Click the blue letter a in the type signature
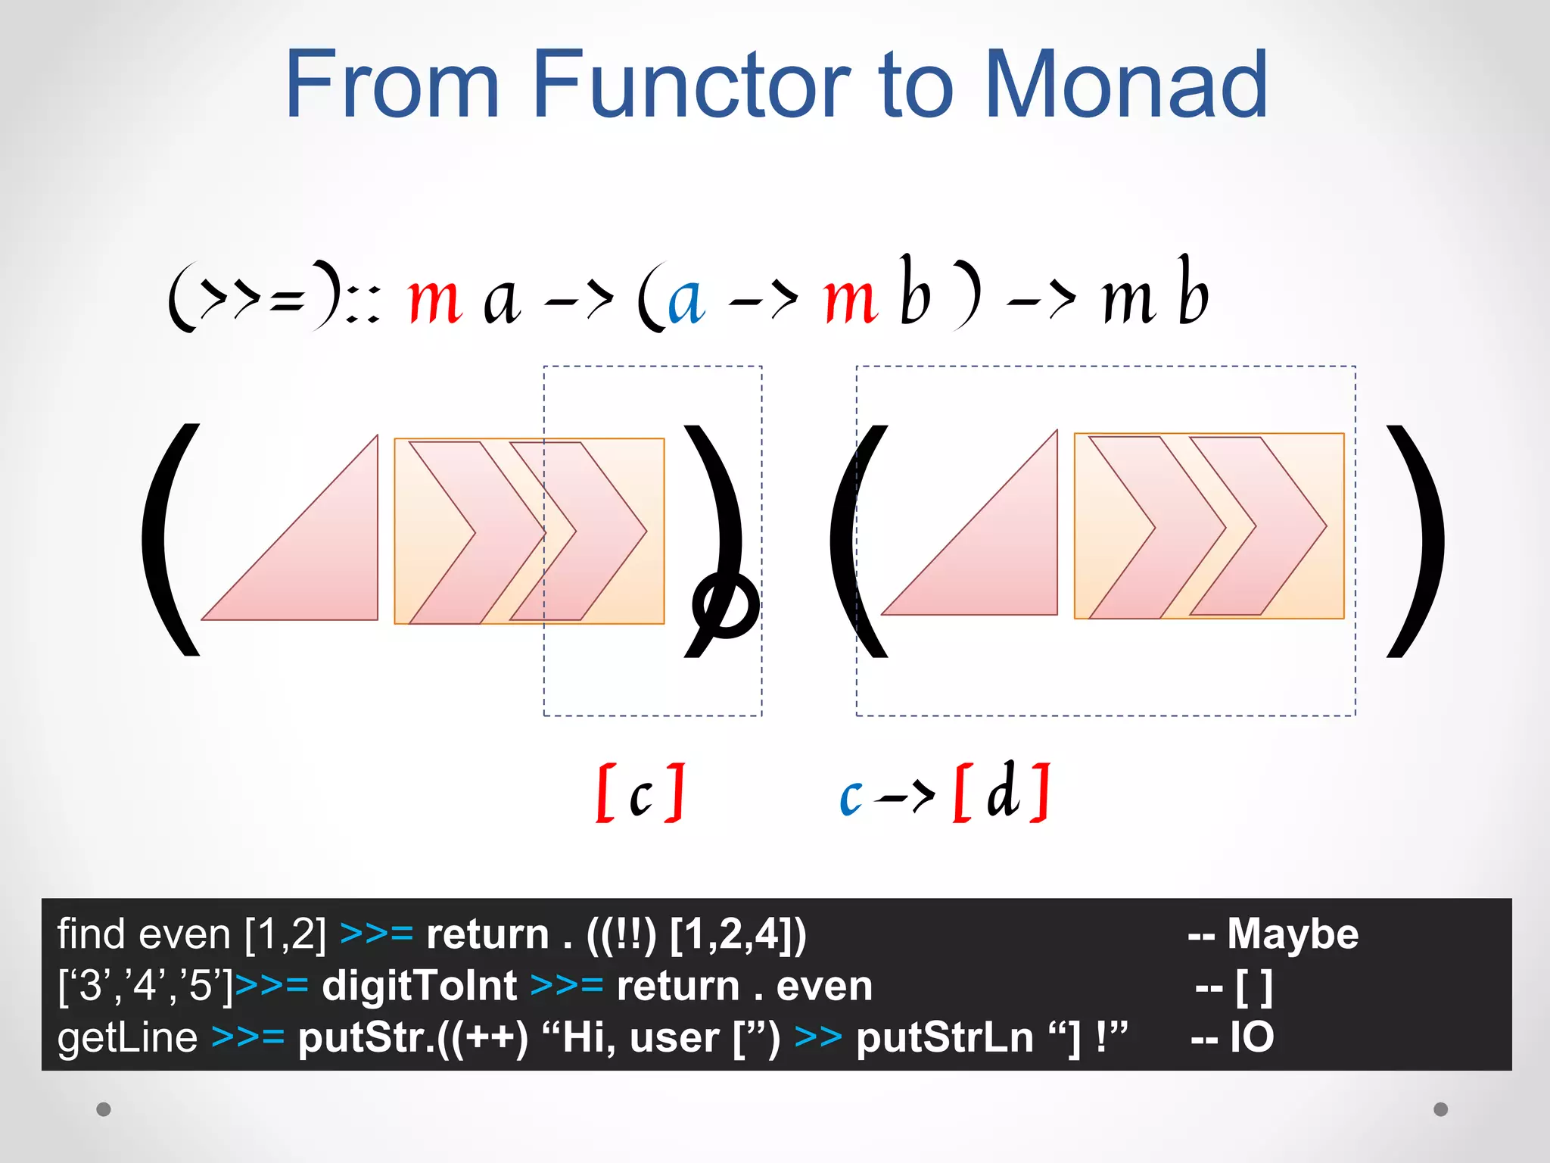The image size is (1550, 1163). point(686,300)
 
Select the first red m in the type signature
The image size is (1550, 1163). point(434,300)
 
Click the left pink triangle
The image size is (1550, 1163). point(318,560)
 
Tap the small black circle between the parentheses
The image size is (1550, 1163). point(726,604)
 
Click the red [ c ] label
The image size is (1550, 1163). point(640,793)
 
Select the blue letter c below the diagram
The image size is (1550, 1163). point(851,797)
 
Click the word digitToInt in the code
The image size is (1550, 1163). point(419,986)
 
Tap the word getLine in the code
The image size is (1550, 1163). point(127,1037)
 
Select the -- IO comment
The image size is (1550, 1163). point(1232,1037)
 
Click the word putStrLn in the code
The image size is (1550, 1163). point(945,1037)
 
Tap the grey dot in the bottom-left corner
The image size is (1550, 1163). point(104,1109)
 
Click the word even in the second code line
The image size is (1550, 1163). point(824,986)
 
